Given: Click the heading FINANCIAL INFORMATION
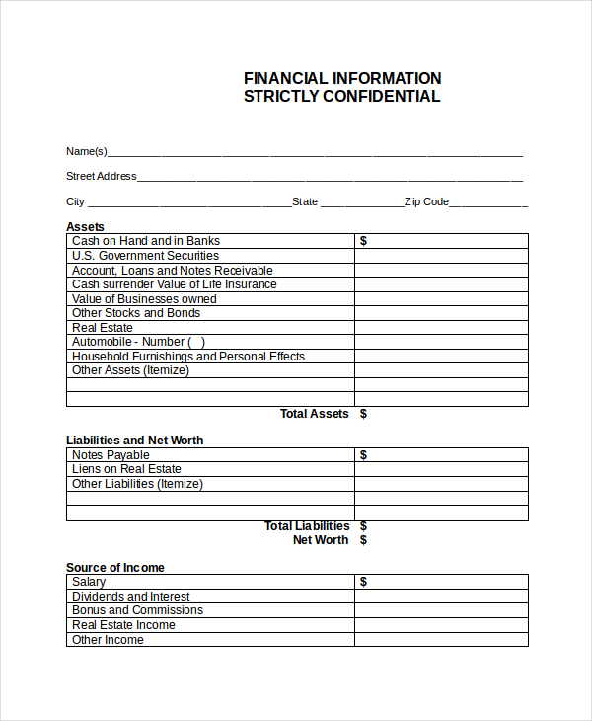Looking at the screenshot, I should [342, 78].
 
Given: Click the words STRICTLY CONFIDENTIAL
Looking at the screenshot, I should [342, 97].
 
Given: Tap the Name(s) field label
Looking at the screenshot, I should [87, 151].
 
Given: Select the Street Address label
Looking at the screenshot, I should [102, 176].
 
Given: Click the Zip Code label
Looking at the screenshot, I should [426, 201].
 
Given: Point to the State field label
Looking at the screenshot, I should [305, 201].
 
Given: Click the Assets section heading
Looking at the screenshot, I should [85, 227].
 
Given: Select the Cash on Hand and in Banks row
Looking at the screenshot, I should [146, 241].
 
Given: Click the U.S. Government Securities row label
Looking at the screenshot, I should [145, 256].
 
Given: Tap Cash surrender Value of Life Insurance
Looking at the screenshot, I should [175, 284].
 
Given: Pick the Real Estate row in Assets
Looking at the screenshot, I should [103, 328].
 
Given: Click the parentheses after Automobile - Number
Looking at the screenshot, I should [196, 342].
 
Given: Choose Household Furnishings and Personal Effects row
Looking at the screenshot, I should [188, 357].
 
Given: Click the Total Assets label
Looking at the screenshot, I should [314, 414].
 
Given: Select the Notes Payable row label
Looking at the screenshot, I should [111, 455].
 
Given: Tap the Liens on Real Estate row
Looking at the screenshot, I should [126, 469].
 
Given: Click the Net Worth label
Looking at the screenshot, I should [321, 540].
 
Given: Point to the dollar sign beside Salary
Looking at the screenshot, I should [363, 582].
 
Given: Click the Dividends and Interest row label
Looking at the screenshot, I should [131, 597].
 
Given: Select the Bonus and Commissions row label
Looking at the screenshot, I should [137, 610].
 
